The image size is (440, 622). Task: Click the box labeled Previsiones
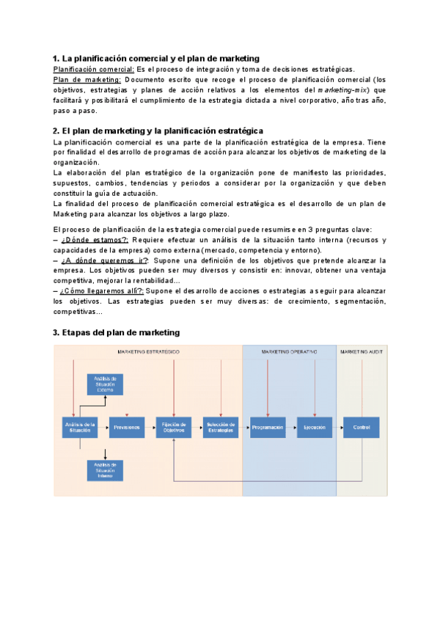[127, 428]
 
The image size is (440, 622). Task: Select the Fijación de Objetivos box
[174, 428]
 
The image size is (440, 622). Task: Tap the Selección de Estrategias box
[221, 428]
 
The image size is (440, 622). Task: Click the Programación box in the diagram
[268, 428]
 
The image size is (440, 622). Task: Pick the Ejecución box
[315, 428]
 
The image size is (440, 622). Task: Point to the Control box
[362, 428]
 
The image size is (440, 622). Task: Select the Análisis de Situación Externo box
[106, 384]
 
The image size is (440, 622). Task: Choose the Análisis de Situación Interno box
[106, 469]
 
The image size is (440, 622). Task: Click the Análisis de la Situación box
[80, 428]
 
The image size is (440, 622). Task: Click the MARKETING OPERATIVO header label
[290, 352]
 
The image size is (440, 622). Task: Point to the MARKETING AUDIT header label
[359, 352]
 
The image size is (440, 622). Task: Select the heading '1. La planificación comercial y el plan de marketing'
[156, 58]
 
